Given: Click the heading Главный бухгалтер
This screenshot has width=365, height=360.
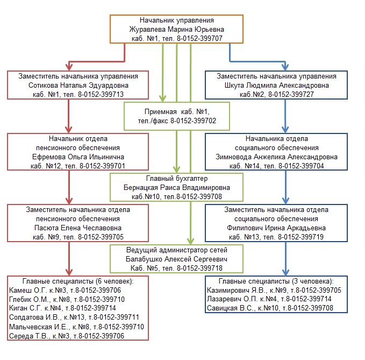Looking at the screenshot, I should coord(176,179).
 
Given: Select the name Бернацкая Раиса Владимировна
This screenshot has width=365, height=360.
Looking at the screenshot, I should coord(176,188).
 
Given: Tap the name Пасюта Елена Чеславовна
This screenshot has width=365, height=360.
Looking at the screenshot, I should coord(78,228).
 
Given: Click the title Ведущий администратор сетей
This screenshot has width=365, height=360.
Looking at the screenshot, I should coord(177,250).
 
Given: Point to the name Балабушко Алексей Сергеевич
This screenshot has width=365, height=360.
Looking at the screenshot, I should coord(177,259).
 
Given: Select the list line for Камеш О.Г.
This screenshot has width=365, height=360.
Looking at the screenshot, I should coord(65,291).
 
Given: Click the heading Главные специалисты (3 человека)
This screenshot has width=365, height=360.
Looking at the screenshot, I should coord(276,281).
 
